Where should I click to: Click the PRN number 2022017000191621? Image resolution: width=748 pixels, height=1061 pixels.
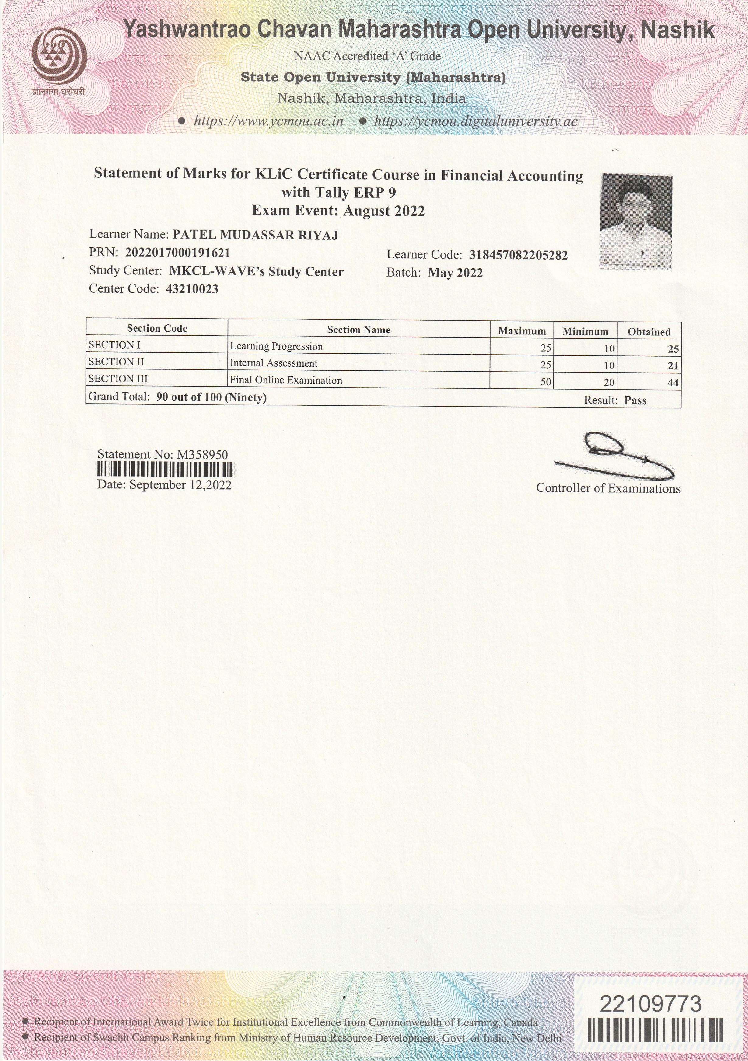pos(178,253)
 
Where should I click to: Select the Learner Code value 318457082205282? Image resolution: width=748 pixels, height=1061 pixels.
pos(518,255)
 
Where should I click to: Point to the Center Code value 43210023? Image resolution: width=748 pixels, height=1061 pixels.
pos(192,289)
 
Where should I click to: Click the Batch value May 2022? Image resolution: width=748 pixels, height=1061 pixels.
pos(455,273)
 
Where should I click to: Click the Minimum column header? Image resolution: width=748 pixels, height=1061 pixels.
pos(585,331)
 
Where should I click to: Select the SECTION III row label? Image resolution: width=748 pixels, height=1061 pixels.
pos(118,379)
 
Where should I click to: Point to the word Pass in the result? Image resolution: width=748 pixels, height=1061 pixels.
pos(635,401)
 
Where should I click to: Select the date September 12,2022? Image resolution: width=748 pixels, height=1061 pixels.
pos(180,485)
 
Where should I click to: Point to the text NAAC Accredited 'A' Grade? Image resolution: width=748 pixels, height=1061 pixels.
pos(367,56)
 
